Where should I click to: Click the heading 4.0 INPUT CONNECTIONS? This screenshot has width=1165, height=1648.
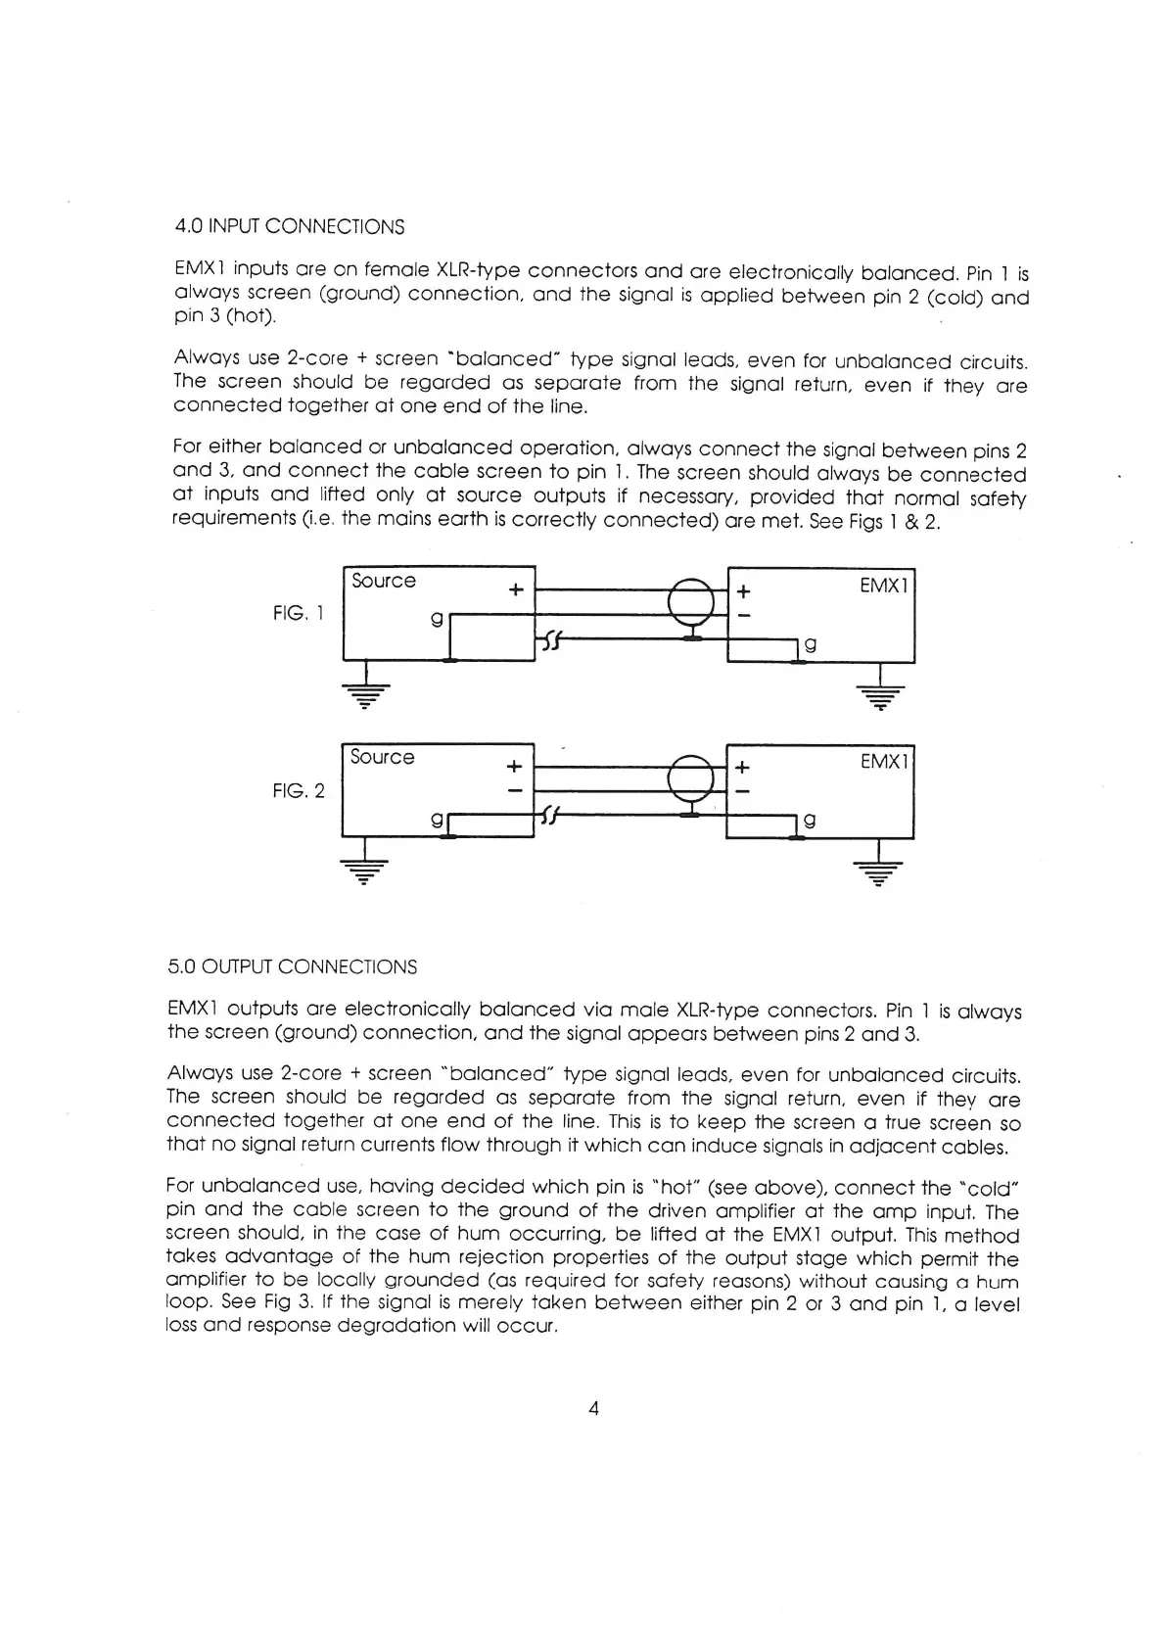pyautogui.click(x=289, y=227)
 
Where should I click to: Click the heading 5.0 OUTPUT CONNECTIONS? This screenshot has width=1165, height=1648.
pyautogui.click(x=292, y=967)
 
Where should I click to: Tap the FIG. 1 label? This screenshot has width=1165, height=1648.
pyautogui.click(x=298, y=614)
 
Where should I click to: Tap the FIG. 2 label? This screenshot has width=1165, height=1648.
pyautogui.click(x=299, y=790)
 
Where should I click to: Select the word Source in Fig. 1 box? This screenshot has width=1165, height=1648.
pyautogui.click(x=383, y=581)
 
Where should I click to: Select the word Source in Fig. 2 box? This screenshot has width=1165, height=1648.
pyautogui.click(x=382, y=757)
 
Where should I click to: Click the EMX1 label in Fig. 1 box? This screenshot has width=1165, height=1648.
pyautogui.click(x=884, y=586)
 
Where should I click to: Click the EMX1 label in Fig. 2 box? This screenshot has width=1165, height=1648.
pyautogui.click(x=885, y=761)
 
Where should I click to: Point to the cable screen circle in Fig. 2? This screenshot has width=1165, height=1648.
pyautogui.click(x=692, y=779)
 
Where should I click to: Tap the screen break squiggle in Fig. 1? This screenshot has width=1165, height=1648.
pyautogui.click(x=551, y=641)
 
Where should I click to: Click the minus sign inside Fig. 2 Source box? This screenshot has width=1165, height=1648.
pyautogui.click(x=515, y=789)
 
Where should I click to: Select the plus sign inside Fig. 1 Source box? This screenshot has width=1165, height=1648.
pyautogui.click(x=516, y=589)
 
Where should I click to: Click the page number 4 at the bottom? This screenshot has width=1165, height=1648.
pyautogui.click(x=592, y=1409)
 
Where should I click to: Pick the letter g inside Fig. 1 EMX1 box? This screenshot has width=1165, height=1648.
pyautogui.click(x=810, y=644)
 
